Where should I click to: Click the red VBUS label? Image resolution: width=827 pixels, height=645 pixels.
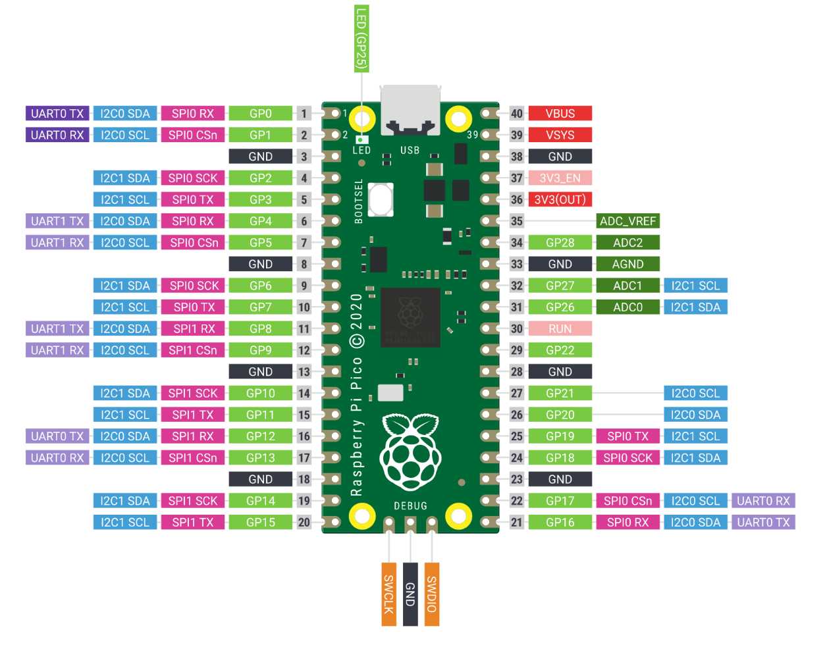tap(560, 113)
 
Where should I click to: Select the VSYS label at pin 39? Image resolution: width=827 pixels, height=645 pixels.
tap(560, 135)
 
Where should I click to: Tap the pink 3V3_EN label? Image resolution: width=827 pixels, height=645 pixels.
tap(560, 178)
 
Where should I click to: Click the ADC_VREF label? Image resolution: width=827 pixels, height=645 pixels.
tap(627, 221)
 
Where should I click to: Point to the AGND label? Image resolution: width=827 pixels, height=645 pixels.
tap(627, 264)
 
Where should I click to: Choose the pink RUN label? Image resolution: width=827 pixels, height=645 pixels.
tap(560, 328)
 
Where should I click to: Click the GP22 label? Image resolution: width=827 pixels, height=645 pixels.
tap(560, 350)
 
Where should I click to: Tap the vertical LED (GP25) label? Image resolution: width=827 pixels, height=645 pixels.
tap(361, 38)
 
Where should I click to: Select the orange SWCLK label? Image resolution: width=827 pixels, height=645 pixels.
tap(388, 594)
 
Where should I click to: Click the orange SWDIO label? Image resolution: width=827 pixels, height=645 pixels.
tap(431, 594)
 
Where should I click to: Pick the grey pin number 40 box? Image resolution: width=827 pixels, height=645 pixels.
tap(517, 113)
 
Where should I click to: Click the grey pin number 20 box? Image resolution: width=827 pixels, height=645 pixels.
tap(304, 522)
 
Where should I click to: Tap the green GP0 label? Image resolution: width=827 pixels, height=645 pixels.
tap(260, 113)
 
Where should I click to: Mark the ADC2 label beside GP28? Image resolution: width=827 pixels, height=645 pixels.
tap(627, 242)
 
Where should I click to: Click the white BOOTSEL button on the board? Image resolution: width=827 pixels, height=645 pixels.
tap(381, 199)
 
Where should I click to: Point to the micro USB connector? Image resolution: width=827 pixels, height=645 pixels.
tap(410, 109)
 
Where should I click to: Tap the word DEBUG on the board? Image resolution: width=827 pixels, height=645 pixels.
tap(410, 505)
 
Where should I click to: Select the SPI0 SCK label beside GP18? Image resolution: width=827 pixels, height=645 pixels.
tap(627, 457)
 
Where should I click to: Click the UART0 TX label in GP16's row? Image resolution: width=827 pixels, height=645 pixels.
tap(763, 522)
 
